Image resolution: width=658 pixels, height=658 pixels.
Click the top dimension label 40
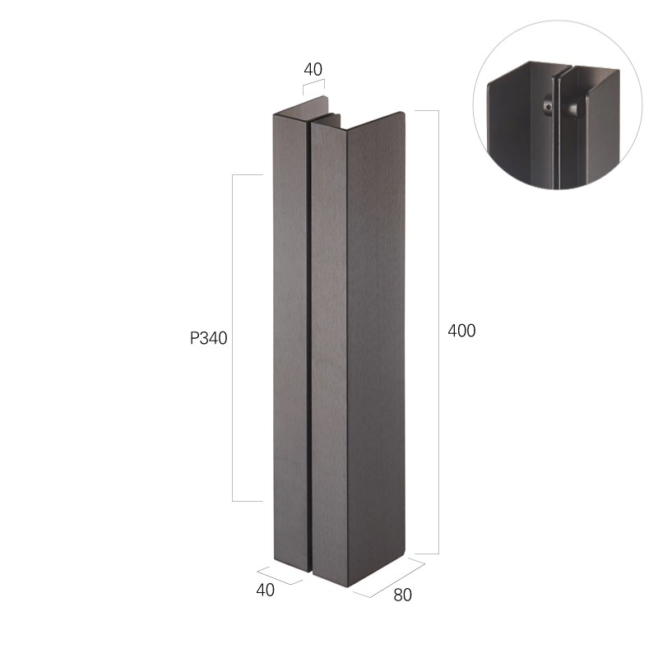click(x=313, y=69)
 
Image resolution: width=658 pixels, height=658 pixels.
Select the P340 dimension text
click(x=209, y=338)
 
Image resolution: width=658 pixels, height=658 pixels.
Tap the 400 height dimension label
click(x=461, y=331)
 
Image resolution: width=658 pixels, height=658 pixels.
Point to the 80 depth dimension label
click(x=402, y=595)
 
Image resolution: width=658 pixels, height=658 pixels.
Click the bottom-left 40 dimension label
click(x=265, y=590)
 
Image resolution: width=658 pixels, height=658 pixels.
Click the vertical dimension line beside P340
click(x=233, y=338)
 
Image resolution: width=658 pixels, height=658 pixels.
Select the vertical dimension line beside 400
click(x=438, y=332)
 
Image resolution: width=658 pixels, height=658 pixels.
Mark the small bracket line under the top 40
click(x=314, y=83)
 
